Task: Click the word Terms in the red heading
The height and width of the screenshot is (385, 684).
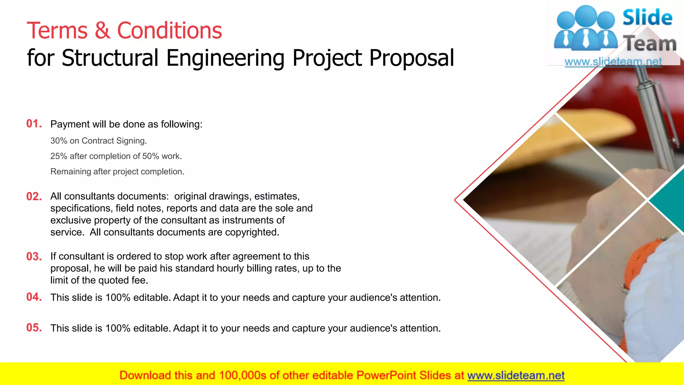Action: (x=57, y=31)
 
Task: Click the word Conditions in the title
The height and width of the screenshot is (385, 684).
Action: (x=169, y=31)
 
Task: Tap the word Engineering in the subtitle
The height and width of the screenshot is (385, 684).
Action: (x=225, y=58)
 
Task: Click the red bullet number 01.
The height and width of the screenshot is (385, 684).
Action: (x=34, y=124)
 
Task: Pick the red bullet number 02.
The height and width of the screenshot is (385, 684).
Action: (x=34, y=197)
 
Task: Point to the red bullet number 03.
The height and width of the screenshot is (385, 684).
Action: (x=34, y=257)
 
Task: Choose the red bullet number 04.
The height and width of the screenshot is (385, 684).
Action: (x=34, y=297)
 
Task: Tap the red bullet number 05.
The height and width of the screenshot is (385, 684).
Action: (x=34, y=328)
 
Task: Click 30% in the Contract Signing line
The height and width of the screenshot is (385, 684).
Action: (x=59, y=141)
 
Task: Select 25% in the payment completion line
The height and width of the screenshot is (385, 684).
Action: (x=59, y=156)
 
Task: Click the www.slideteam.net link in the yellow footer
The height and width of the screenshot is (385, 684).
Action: (x=516, y=375)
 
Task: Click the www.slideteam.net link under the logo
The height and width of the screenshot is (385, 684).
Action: (x=613, y=62)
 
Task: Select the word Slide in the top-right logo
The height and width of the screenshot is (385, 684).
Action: (x=647, y=17)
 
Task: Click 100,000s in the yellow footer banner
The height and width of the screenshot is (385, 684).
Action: (x=242, y=375)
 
